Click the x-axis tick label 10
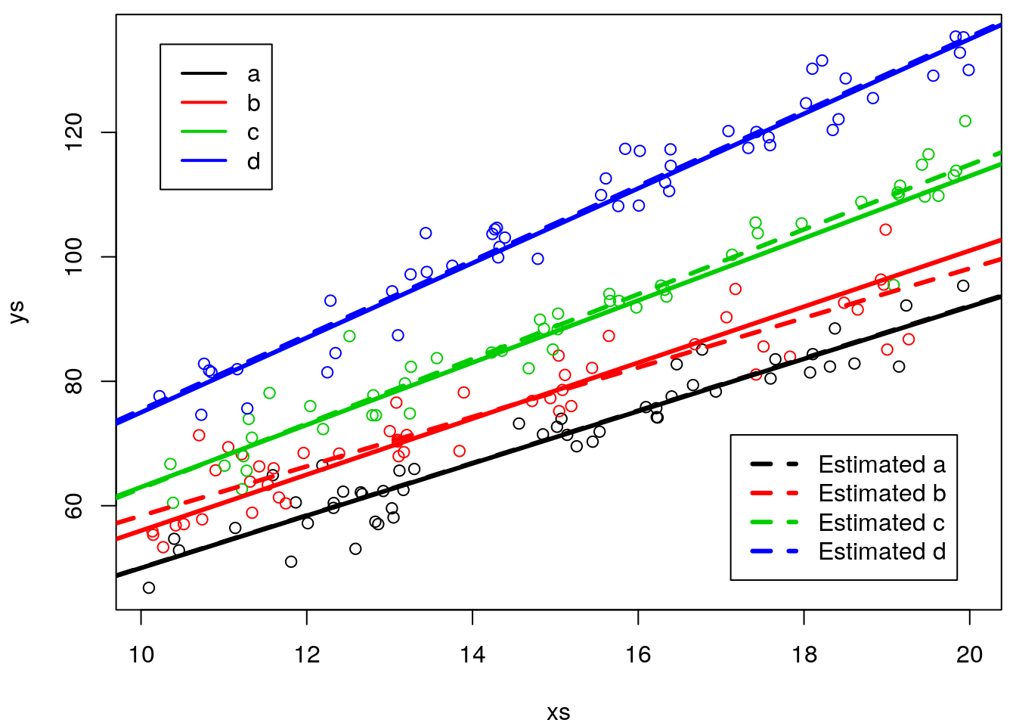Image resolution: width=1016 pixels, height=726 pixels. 141,655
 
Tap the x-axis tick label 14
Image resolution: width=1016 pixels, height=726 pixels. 472,655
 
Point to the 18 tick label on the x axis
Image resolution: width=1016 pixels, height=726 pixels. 804,655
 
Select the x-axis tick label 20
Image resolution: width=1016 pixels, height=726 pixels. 969,655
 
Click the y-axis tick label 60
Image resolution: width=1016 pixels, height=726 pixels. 74,506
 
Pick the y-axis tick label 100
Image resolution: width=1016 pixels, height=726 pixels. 74,257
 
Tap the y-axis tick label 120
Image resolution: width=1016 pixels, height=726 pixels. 74,132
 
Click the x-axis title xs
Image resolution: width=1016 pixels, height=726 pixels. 559,712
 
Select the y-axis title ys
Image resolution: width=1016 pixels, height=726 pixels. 17,312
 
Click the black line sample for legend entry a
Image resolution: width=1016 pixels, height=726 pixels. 203,73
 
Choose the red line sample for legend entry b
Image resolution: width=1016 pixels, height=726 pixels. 203,103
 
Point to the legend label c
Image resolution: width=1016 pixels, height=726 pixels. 253,132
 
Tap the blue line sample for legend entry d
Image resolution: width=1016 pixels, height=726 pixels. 203,161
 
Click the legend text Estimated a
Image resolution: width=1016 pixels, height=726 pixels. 881,464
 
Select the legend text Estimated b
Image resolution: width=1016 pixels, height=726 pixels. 881,493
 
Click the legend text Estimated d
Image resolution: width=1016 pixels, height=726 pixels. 881,552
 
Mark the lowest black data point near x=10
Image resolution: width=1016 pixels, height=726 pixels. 149,588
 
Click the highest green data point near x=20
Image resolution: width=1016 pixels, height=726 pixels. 965,121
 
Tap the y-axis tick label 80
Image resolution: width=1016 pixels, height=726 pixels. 74,382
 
